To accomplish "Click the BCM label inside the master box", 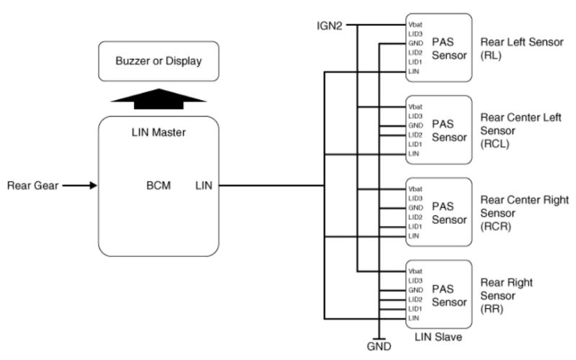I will [x=158, y=185].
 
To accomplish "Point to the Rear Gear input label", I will [x=31, y=185].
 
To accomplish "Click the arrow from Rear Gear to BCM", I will [x=79, y=185].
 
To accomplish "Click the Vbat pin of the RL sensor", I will [x=416, y=24].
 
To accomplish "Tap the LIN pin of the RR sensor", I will [x=414, y=318].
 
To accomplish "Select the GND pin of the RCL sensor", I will [x=415, y=125].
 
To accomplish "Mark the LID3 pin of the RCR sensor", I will [x=415, y=198].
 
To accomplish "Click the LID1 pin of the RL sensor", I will [x=415, y=62].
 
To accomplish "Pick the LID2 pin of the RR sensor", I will [x=415, y=299].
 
